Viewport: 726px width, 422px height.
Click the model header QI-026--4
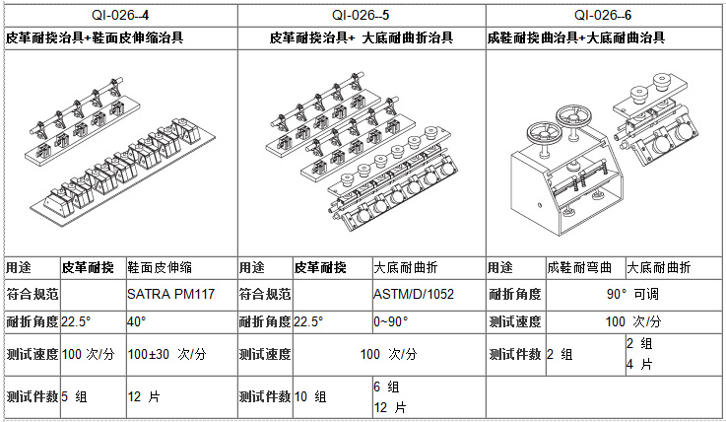point(120,16)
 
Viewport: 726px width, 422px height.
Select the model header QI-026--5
point(361,16)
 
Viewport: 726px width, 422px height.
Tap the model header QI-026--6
point(603,16)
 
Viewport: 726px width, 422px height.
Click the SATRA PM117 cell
point(170,294)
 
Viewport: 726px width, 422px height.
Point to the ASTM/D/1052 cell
point(414,294)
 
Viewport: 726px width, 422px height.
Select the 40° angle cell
point(137,321)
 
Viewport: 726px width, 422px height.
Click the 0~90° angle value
point(391,321)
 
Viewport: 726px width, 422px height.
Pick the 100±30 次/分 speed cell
point(166,354)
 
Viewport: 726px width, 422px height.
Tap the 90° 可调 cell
point(632,294)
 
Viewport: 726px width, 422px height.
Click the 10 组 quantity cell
point(310,396)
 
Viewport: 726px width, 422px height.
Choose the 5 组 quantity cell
point(74,396)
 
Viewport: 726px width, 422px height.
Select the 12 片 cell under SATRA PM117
point(144,396)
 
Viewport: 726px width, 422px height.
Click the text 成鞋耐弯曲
point(579,268)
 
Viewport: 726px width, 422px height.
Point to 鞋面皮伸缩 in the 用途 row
point(160,268)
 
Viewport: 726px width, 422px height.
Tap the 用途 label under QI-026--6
point(500,268)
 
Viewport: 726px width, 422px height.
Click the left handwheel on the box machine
point(545,133)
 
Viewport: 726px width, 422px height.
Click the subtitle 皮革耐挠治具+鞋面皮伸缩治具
point(95,37)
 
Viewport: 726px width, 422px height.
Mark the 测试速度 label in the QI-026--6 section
point(515,321)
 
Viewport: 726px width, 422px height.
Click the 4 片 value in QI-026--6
point(639,365)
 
